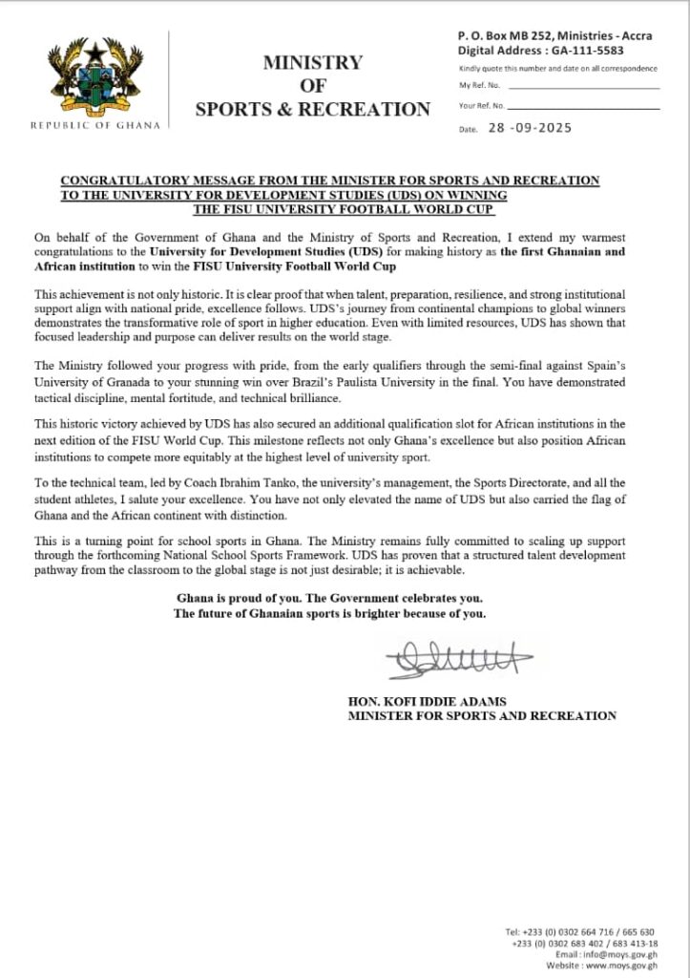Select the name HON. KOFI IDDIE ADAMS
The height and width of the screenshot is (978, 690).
[428, 701]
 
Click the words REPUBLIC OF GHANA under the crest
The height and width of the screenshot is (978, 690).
[95, 125]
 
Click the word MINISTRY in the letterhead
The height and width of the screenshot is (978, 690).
[313, 63]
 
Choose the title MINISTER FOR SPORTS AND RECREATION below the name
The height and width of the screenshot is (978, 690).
[482, 715]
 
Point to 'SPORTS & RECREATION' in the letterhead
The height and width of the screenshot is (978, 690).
[313, 110]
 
